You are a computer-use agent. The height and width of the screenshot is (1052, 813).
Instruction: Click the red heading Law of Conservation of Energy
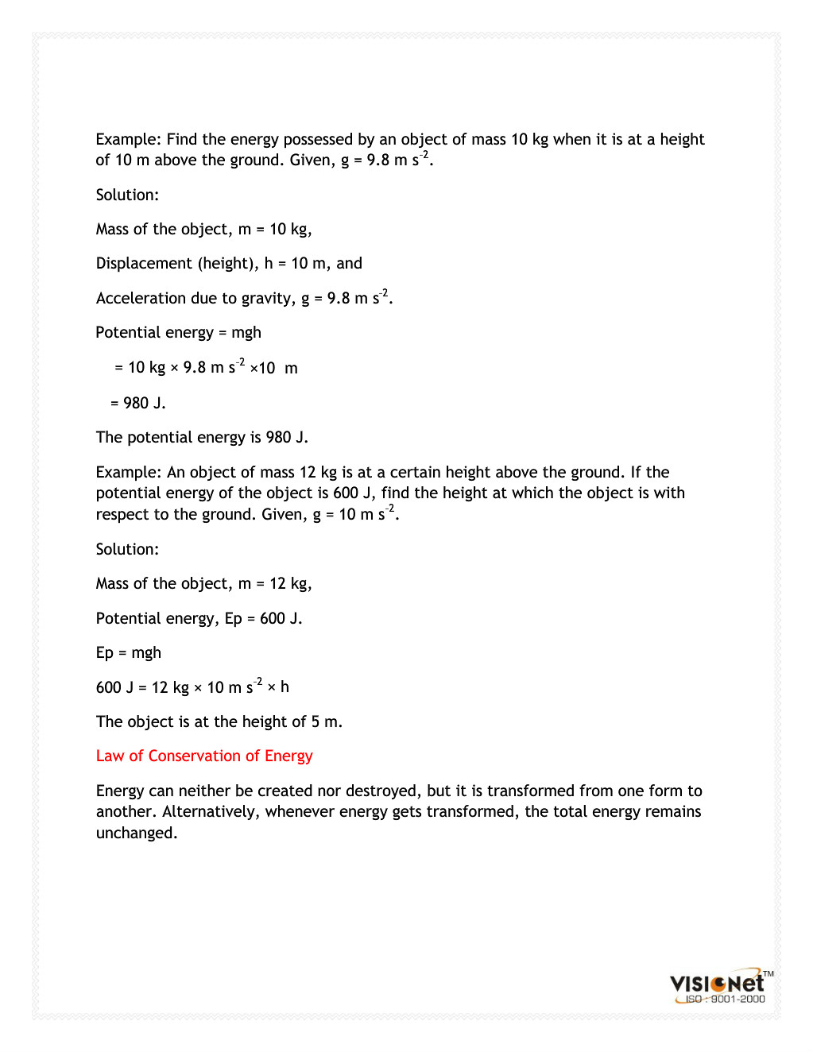point(204,756)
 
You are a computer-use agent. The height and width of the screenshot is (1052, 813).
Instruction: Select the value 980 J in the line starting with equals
point(144,403)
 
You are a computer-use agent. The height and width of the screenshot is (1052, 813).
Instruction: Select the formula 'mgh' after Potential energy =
point(246,333)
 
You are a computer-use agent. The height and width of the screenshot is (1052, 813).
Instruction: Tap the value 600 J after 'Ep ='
point(280,618)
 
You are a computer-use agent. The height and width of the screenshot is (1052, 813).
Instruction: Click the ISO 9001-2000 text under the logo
point(725,1000)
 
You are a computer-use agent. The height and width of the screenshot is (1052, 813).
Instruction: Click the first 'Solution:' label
point(127,195)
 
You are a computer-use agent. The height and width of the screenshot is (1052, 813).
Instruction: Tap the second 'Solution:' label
point(127,549)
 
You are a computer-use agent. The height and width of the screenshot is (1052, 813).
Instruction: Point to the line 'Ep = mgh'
point(129,653)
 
